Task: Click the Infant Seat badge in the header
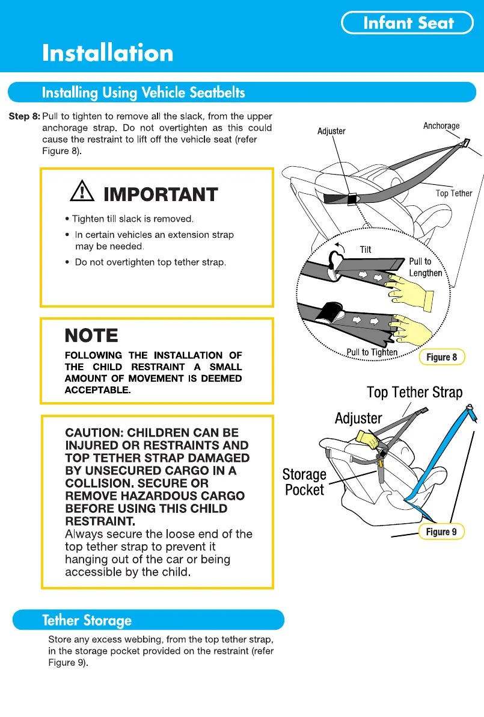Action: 408,23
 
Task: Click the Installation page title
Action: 108,54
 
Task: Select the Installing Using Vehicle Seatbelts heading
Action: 143,93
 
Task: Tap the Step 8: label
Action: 24,116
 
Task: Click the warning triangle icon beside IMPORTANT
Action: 80,193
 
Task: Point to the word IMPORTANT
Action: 161,194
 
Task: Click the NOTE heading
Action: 91,335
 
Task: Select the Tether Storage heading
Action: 87,620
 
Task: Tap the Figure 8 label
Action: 442,357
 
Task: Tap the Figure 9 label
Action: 441,532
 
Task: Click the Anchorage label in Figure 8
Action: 441,126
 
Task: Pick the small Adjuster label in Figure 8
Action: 331,131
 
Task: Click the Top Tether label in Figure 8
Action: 454,193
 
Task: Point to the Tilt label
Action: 366,250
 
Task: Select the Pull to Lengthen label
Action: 425,267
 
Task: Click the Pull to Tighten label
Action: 372,352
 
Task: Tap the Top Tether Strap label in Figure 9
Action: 415,393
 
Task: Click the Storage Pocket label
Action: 304,482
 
